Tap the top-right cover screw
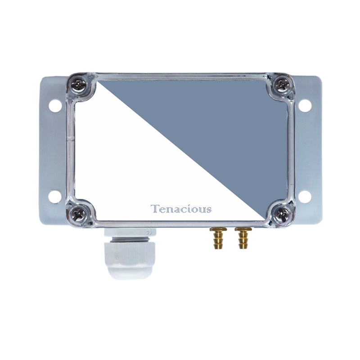[x=282, y=85]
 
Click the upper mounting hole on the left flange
[x=55, y=106]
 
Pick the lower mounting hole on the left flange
[x=55, y=196]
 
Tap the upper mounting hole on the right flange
[x=305, y=106]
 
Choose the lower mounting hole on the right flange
[x=305, y=197]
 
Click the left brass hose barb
[x=218, y=238]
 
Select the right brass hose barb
[x=243, y=238]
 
